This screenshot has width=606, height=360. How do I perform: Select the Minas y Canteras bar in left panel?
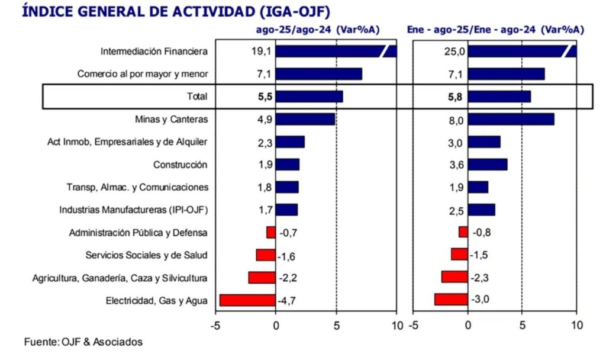pos(305,119)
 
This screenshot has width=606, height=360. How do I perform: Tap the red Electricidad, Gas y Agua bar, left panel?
pos(247,300)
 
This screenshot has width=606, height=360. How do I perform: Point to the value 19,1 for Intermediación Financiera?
pos(261,52)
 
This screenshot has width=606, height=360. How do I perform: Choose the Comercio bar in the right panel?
pos(506,74)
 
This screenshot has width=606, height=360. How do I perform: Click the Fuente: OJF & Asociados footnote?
pos(83,342)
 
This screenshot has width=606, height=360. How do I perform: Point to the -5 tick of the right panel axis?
pos(414,325)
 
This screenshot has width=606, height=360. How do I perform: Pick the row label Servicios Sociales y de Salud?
pos(147,255)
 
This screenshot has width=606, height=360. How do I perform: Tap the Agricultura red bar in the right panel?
pos(454,277)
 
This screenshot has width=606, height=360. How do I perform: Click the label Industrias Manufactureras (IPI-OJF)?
pos(134,210)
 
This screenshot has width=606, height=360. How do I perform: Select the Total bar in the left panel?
pos(309,97)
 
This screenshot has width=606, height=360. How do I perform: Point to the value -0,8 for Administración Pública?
pos(481,232)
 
